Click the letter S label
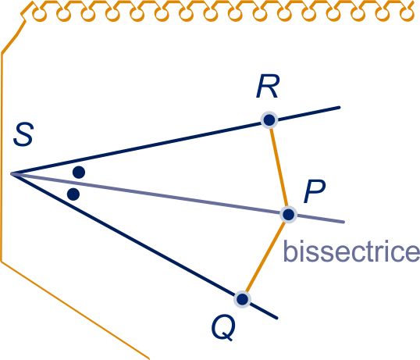click(23, 134)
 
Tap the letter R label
click(268, 86)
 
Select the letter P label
click(315, 191)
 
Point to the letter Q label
click(223, 327)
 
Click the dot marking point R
click(269, 119)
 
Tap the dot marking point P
click(289, 215)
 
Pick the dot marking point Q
click(242, 299)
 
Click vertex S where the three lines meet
click(11, 174)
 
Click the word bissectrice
click(351, 251)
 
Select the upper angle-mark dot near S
click(79, 173)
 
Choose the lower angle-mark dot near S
click(73, 194)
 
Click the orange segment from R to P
click(279, 167)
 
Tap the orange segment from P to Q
click(265, 257)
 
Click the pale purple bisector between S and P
click(150, 194)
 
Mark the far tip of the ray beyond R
click(340, 108)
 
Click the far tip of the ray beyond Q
click(276, 318)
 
